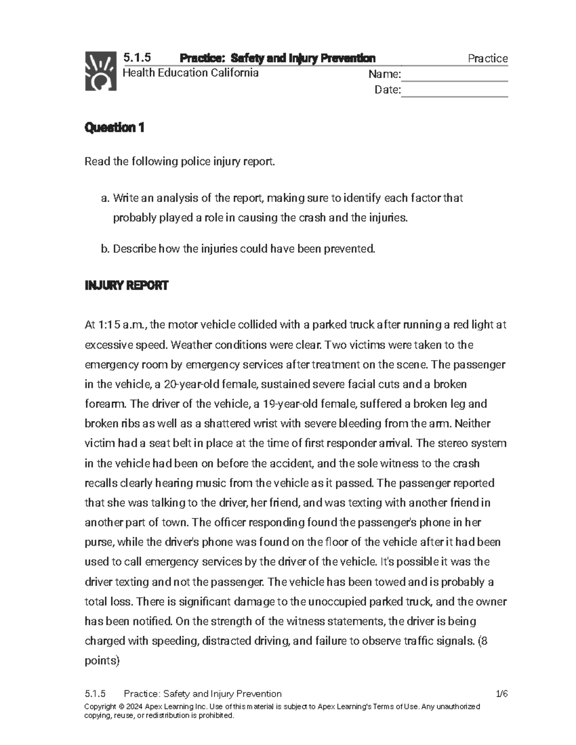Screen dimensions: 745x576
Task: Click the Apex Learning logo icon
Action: pyautogui.click(x=101, y=71)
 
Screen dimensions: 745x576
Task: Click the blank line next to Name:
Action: pyautogui.click(x=454, y=75)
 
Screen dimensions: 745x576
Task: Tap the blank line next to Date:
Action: pyautogui.click(x=454, y=91)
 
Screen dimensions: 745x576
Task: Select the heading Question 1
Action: pyautogui.click(x=114, y=128)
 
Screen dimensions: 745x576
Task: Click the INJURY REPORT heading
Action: pyautogui.click(x=126, y=286)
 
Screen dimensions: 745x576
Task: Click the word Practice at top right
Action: pyautogui.click(x=487, y=59)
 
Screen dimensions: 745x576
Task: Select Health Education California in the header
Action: pyautogui.click(x=191, y=73)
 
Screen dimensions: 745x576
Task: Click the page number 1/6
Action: pyautogui.click(x=502, y=694)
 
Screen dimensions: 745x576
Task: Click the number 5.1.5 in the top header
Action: pyautogui.click(x=137, y=58)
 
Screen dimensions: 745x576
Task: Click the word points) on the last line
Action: pyautogui.click(x=102, y=661)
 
